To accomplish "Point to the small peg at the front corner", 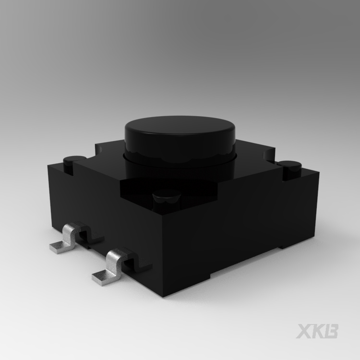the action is tap(167, 199).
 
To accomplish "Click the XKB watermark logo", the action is tap(317, 331).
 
